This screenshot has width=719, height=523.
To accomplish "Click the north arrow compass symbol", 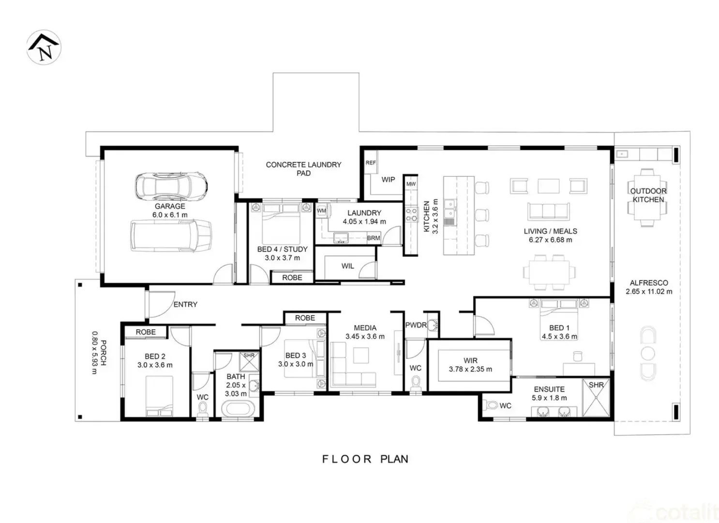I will (x=44, y=47).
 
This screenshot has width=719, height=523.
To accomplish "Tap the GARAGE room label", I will (x=170, y=206).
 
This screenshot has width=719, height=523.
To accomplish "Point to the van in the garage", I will (x=171, y=236).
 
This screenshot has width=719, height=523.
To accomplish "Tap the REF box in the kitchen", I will (x=371, y=163).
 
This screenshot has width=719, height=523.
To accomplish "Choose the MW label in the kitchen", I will (x=411, y=184).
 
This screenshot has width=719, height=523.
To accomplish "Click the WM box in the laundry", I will (x=321, y=211).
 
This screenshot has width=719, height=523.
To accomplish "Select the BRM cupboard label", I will (x=373, y=238).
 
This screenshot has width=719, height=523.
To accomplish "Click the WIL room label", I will (x=347, y=266).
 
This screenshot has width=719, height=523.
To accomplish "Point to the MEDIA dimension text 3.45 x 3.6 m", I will (x=365, y=337).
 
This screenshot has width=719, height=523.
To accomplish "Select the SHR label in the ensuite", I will (x=596, y=385).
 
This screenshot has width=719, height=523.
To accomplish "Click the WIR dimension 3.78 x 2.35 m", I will (x=470, y=369).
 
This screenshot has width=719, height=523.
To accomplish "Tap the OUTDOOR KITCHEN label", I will (x=648, y=195).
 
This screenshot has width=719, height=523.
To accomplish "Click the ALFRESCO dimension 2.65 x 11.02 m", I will (x=649, y=292).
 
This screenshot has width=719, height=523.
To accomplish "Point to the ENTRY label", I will (x=185, y=304).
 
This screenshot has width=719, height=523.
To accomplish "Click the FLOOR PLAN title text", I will (x=365, y=459).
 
